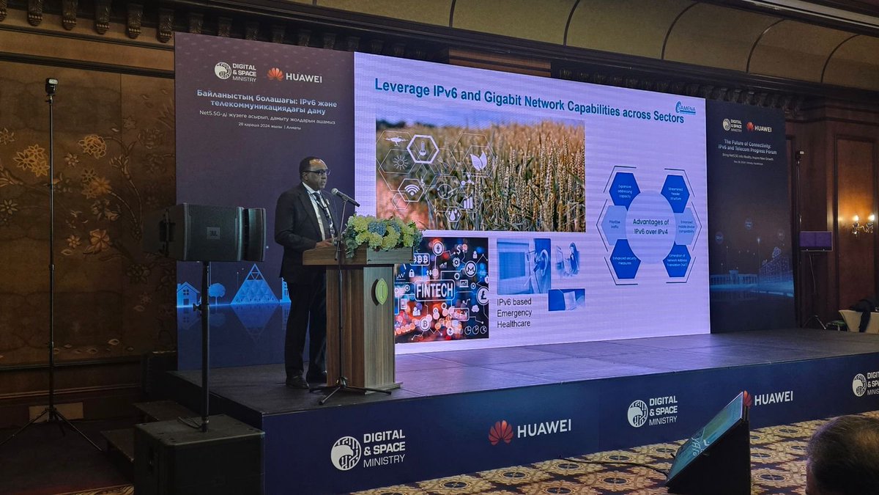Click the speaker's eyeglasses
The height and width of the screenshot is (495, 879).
(318, 172)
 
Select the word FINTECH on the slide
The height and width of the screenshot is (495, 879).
(434, 289)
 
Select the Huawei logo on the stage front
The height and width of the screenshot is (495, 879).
(529, 430)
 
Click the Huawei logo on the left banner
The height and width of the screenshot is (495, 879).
(294, 76)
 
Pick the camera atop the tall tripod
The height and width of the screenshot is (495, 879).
(51, 86)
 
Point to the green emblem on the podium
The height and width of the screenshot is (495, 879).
(382, 291)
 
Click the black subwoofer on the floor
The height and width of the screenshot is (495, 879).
(199, 456)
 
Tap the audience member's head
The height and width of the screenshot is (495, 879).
(844, 455)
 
